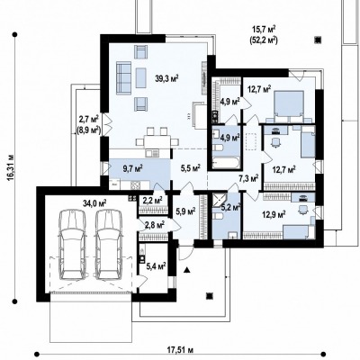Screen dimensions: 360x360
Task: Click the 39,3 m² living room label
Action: coord(166,78)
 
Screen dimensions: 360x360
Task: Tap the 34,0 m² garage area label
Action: coord(94,203)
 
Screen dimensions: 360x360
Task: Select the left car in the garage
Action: coord(72,245)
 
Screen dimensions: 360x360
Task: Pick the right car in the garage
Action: coord(109,245)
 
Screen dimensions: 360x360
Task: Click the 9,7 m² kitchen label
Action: coord(132,168)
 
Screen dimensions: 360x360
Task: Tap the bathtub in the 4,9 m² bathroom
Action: coord(226,163)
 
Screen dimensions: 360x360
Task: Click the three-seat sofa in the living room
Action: coord(123,78)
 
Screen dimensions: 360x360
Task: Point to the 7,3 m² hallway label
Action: coord(248,179)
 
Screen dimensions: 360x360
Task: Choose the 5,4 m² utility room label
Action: coord(156,265)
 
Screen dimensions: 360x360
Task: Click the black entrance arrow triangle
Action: coord(187,270)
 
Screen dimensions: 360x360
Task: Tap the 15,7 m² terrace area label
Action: coord(264,30)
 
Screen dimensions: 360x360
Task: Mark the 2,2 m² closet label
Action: coord(152,201)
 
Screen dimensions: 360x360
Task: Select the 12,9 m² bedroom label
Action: coord(274,215)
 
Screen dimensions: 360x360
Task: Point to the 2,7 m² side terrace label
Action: coord(89,120)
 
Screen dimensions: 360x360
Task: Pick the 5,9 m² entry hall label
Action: coord(185,211)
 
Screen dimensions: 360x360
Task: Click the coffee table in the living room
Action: coord(140,77)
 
